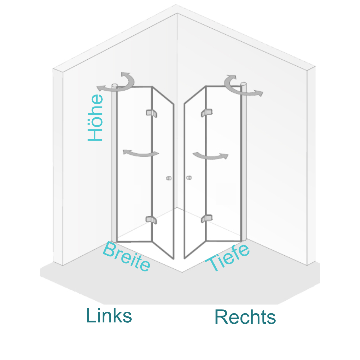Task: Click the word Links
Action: tap(109, 316)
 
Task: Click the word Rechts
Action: tap(245, 317)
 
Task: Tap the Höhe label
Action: tap(95, 117)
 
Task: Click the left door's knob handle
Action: tap(168, 178)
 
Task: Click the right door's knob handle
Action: tap(189, 178)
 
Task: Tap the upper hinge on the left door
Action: tap(151, 113)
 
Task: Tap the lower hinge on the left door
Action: tap(151, 220)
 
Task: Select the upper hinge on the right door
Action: tap(206, 112)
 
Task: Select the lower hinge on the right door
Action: tap(206, 218)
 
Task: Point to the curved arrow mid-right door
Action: tap(210, 156)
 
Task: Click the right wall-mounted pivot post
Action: tap(244, 160)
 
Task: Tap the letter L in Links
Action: tap(91, 315)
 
